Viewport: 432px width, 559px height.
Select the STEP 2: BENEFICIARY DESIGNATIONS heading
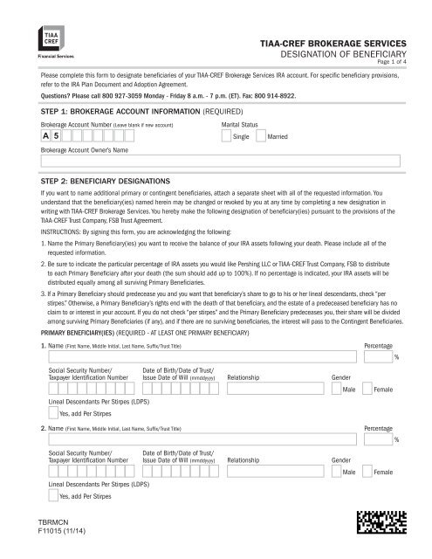[111, 180]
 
